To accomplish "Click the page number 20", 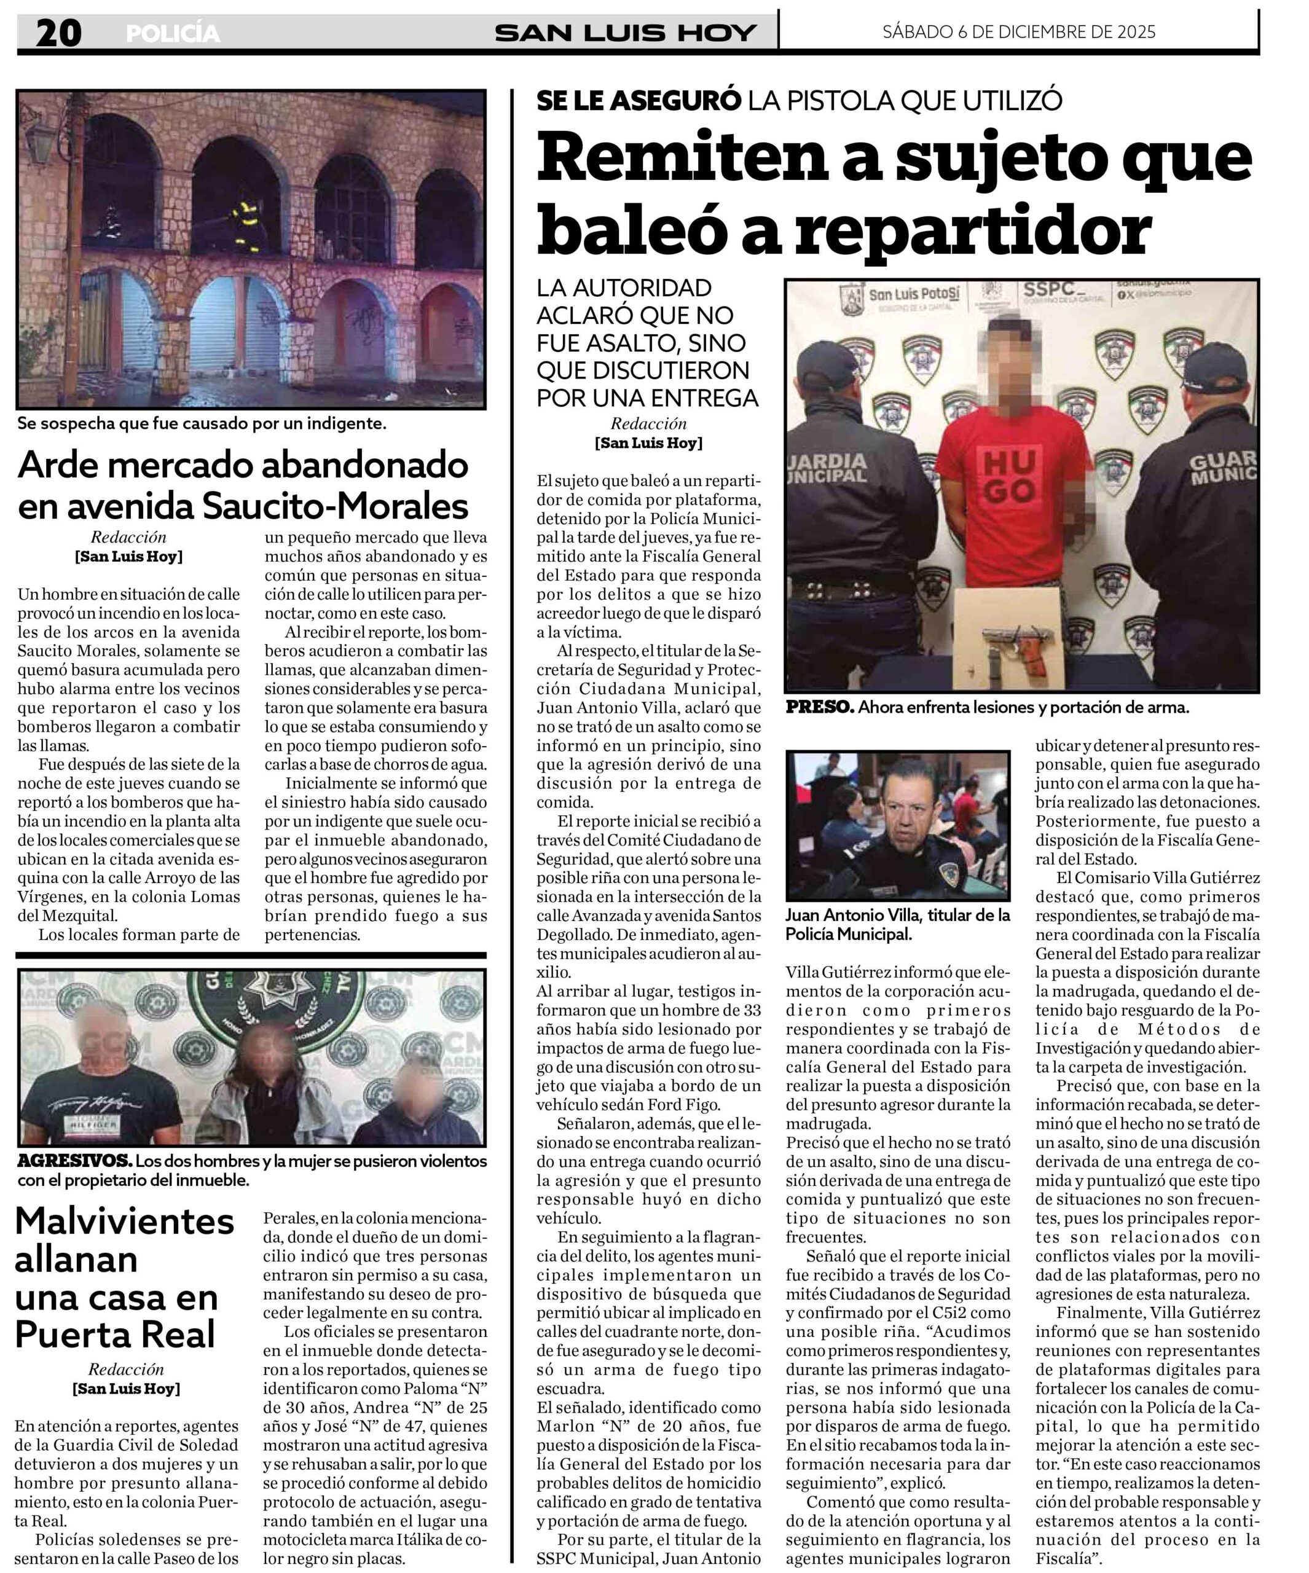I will click(x=58, y=33).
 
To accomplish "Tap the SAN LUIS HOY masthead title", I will click(x=625, y=33).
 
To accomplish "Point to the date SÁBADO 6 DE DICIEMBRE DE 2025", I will click(x=1018, y=31).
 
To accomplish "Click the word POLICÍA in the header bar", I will click(x=173, y=34).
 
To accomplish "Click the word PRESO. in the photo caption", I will click(x=819, y=707).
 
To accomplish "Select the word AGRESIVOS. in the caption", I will click(x=74, y=1161).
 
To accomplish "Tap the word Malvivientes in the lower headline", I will click(x=124, y=1222).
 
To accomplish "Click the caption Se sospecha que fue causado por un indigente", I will click(x=202, y=423).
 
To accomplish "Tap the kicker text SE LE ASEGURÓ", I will click(x=639, y=100).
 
